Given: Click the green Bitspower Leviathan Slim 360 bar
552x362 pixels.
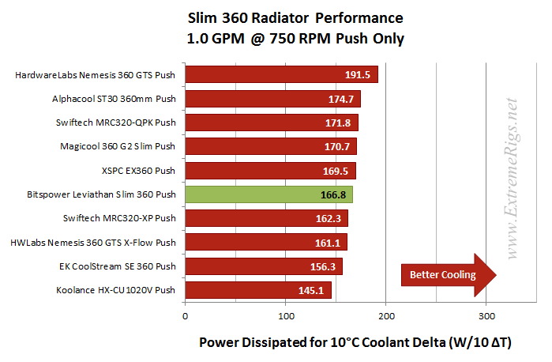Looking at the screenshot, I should click(x=268, y=194).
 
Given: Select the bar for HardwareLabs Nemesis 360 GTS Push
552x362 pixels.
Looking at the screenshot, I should click(x=280, y=75).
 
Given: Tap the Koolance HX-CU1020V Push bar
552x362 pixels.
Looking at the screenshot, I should click(x=257, y=290).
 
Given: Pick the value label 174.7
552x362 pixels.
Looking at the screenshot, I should click(x=342, y=100).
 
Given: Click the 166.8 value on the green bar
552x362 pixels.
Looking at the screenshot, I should click(x=334, y=194).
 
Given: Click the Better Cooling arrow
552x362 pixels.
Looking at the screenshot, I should click(x=446, y=275).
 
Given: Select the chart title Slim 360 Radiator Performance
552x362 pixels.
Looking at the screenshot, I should click(x=295, y=17).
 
